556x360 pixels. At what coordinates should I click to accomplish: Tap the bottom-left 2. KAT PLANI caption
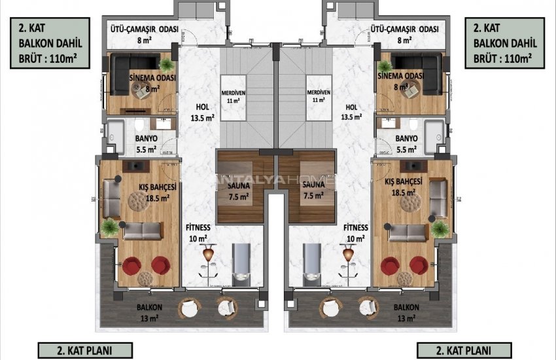76,350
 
